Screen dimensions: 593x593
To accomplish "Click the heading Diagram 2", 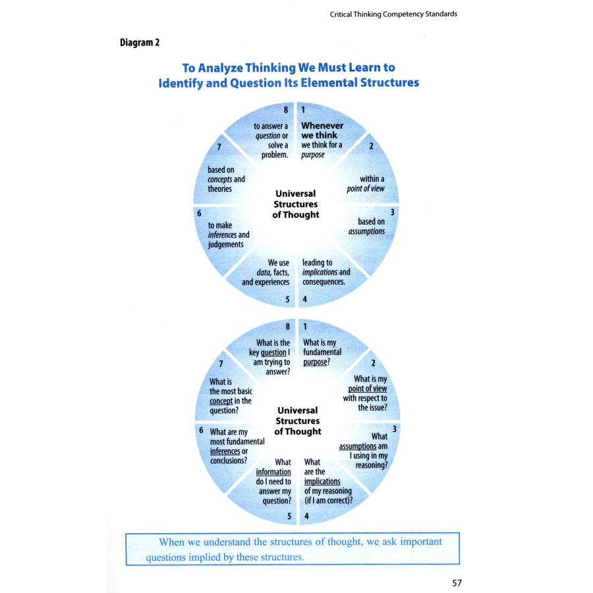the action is pos(139,43).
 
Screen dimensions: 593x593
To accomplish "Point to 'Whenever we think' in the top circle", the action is pos(322,130).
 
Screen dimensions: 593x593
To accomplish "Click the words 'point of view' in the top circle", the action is pos(366,188).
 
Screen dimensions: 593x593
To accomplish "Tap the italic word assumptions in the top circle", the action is pos(366,231).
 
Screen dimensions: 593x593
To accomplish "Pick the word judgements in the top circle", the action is pos(226,244).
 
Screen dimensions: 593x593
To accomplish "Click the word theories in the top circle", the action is pos(220,189).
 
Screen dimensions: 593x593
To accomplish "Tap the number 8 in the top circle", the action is pos(286,110).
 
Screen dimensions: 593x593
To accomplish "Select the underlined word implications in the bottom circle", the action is pos(322,481).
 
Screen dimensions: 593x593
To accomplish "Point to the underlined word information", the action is pos(273,472).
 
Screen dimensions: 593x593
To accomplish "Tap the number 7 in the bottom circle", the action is pos(221,364).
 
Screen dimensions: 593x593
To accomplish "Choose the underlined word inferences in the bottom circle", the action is pos(225,451).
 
